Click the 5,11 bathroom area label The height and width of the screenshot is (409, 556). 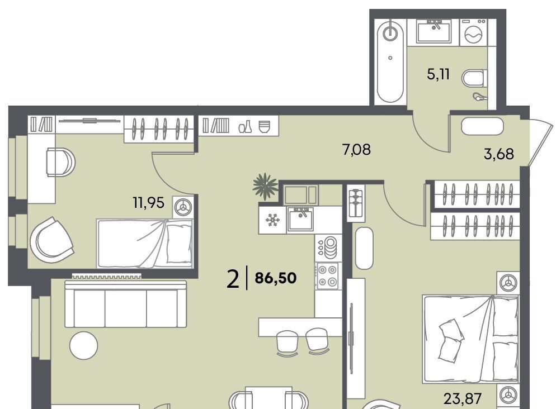pyautogui.click(x=439, y=74)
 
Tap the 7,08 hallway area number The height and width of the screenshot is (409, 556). pyautogui.click(x=356, y=150)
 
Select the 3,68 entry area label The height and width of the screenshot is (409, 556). pyautogui.click(x=498, y=154)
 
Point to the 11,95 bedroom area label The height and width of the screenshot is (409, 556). pyautogui.click(x=149, y=203)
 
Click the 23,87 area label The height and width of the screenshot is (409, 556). pyautogui.click(x=463, y=399)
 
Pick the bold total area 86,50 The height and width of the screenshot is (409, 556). pyautogui.click(x=276, y=278)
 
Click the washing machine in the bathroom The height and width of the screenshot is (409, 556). pyautogui.click(x=474, y=32)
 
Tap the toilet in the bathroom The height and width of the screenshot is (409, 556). pyautogui.click(x=474, y=78)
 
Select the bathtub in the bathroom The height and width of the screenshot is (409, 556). pyautogui.click(x=390, y=61)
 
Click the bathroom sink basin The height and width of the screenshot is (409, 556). pyautogui.click(x=434, y=31)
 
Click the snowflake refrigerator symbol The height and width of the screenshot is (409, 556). pyautogui.click(x=272, y=220)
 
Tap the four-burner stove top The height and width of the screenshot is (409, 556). pyautogui.click(x=327, y=276)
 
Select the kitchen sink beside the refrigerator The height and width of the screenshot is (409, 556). pyautogui.click(x=300, y=219)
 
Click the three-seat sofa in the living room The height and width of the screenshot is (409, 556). pyautogui.click(x=126, y=304)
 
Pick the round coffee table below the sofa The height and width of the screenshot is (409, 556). pyautogui.click(x=83, y=345)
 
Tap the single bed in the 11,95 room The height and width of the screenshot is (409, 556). pyautogui.click(x=145, y=243)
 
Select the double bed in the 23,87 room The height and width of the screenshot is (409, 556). pyautogui.click(x=471, y=339)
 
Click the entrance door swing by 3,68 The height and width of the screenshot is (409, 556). pyautogui.click(x=540, y=142)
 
